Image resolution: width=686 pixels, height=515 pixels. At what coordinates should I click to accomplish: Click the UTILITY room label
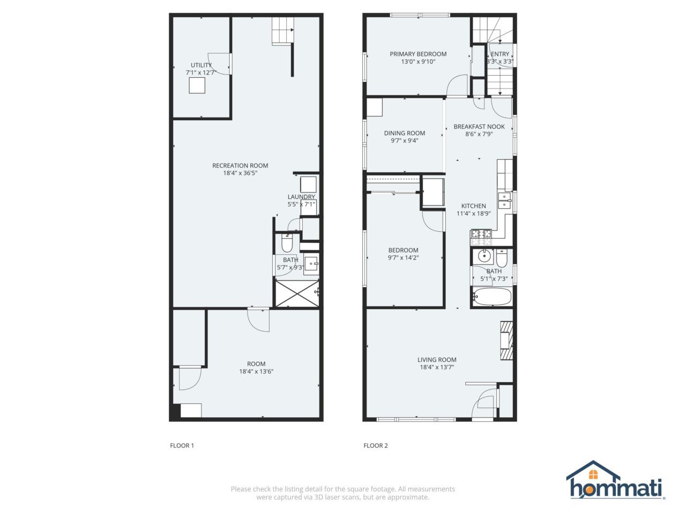coord(201,65)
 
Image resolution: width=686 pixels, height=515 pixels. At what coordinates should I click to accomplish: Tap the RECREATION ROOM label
coord(240,165)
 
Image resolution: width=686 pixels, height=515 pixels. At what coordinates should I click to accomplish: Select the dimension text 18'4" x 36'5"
coord(240,173)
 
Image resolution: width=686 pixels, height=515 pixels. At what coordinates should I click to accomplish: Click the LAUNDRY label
coord(301,197)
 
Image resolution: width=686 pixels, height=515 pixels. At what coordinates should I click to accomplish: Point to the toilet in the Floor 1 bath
coord(287,244)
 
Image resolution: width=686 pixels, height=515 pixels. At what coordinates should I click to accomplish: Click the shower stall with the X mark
coord(296,292)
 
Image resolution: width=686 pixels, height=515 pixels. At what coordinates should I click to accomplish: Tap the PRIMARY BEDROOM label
coord(418,54)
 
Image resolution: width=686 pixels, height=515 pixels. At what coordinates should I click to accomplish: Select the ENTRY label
coord(500,54)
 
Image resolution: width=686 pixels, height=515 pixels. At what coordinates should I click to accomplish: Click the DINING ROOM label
coord(405,133)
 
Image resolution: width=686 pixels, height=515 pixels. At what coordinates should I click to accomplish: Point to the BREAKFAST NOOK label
coord(479,127)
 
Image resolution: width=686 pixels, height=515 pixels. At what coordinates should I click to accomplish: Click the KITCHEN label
coord(474,206)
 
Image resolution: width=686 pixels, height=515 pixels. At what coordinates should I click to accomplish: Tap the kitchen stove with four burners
coord(481,234)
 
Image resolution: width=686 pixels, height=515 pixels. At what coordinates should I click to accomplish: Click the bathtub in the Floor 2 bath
coord(491,297)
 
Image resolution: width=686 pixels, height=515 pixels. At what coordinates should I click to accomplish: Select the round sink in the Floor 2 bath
coord(485,255)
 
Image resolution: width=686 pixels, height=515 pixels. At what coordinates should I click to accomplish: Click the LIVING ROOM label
coord(437,360)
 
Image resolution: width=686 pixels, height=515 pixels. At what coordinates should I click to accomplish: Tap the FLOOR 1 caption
coord(182,445)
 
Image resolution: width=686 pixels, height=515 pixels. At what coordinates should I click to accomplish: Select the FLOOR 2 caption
coord(376,445)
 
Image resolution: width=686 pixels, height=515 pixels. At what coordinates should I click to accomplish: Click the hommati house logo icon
coord(593,472)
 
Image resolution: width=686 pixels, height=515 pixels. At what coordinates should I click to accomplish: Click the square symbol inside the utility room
coord(197,86)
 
